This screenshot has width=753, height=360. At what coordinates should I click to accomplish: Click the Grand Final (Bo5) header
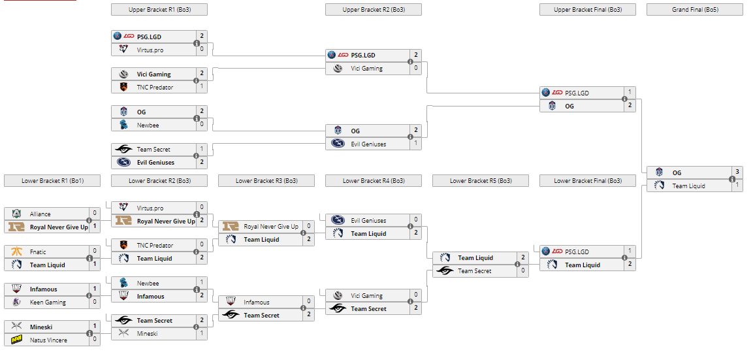[x=695, y=10]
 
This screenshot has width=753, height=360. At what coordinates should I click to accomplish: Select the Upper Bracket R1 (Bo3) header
[x=159, y=10]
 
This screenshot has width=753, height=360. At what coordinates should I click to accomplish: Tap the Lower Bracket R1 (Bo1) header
[x=52, y=181]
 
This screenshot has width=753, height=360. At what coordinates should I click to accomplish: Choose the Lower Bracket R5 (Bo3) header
[x=481, y=181]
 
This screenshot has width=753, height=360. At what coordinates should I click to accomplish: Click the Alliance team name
[x=40, y=214]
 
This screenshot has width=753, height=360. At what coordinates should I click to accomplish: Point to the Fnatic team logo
[x=16, y=252]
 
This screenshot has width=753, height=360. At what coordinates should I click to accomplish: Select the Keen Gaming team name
[x=48, y=303]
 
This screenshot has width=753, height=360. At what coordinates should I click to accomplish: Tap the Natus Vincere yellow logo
[x=16, y=340]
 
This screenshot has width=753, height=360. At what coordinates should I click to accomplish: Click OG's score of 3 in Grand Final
[x=737, y=172]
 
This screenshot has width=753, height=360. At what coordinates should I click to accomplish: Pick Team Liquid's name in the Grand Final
[x=690, y=186]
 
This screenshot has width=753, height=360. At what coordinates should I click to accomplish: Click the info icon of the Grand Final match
[x=732, y=180]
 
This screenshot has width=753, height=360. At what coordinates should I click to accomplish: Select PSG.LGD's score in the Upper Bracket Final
[x=630, y=93]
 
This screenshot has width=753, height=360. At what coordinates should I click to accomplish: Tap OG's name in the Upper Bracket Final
[x=569, y=106]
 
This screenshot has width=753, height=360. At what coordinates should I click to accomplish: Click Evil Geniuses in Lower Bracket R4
[x=368, y=221]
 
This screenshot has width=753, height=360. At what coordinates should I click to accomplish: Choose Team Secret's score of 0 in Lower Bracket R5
[x=522, y=271]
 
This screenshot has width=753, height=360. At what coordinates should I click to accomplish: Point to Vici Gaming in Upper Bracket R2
[x=366, y=69]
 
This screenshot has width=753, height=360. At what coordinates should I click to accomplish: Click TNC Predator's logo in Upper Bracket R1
[x=123, y=87]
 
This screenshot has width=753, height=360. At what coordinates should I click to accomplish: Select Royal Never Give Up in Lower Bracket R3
[x=271, y=227]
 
